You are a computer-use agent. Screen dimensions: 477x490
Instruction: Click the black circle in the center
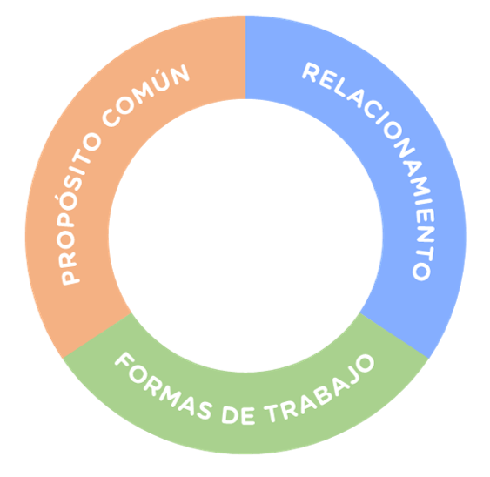point(245,235)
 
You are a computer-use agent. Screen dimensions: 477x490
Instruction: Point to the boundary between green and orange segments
point(96,334)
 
